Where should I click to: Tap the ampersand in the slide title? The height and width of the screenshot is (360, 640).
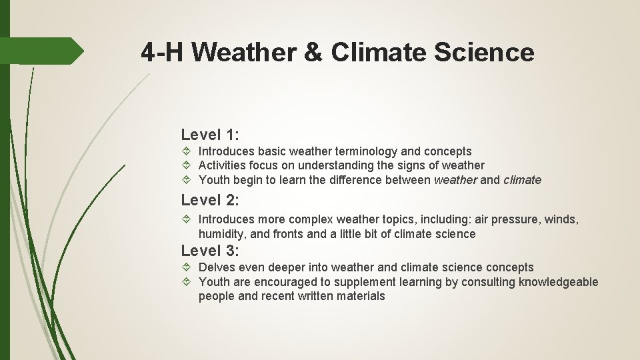click(313, 51)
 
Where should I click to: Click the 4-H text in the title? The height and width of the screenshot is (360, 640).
click(167, 51)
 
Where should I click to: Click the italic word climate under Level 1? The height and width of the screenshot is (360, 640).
click(522, 180)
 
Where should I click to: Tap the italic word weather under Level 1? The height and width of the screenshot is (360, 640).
click(455, 180)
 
